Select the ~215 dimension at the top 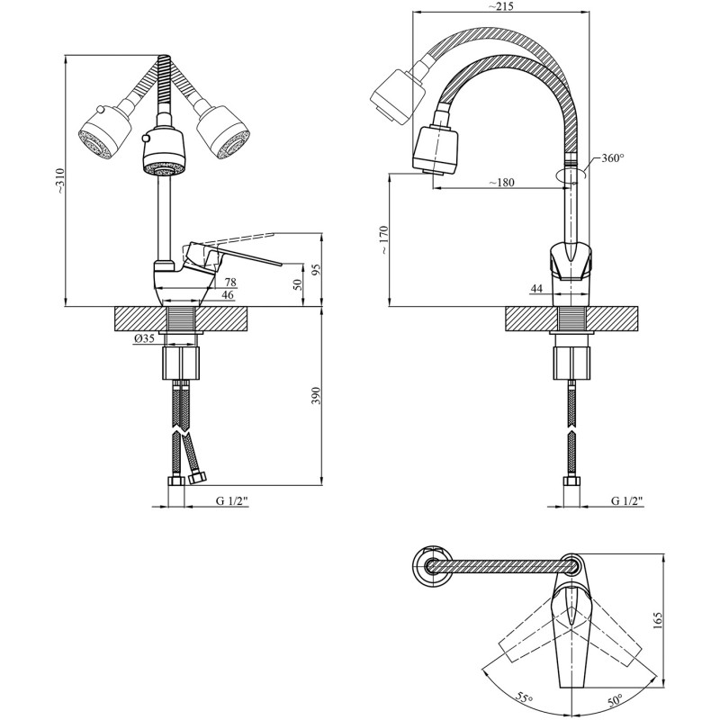click(500, 6)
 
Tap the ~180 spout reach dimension click(501, 183)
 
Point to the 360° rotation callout click(613, 158)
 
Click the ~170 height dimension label click(384, 239)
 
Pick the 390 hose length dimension click(316, 396)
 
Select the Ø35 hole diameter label click(144, 339)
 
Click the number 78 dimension click(230, 283)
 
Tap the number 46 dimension click(228, 295)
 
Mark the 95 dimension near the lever click(317, 268)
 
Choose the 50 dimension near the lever click(298, 284)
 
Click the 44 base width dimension click(536, 288)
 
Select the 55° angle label click(524, 698)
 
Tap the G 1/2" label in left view click(232, 501)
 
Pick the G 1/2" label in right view click(627, 501)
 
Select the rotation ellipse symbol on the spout click(571, 175)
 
